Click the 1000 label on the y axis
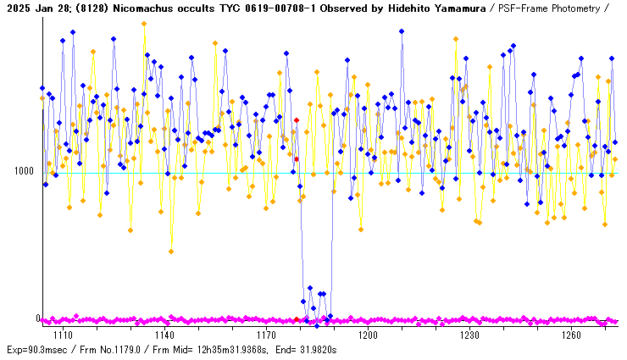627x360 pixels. coord(23,171)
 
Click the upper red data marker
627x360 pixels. coord(296,120)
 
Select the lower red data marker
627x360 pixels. coord(297,159)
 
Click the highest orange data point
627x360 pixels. coord(144,24)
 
